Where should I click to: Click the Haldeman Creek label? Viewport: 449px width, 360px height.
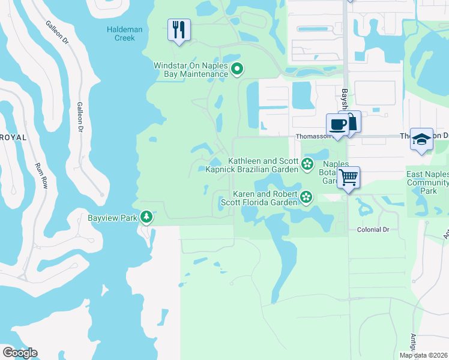pos(125,33)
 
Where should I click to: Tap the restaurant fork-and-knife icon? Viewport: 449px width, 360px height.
pos(178,30)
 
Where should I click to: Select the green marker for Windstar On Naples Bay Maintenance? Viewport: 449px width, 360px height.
pos(237,70)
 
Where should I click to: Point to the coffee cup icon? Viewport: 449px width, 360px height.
pos(337,125)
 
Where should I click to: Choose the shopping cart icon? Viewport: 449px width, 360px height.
pos(348,178)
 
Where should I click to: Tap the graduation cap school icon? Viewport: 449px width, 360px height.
pos(421,139)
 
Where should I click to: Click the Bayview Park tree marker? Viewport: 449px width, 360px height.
pos(146,217)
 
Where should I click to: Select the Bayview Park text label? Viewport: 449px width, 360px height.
pos(112,217)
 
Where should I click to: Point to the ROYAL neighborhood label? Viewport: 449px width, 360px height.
pos(13,137)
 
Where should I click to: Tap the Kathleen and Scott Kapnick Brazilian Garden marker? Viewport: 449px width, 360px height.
pos(307,164)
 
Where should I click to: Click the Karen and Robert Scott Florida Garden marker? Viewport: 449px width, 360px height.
pos(306,197)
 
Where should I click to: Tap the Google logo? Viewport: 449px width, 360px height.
pos(20,352)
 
